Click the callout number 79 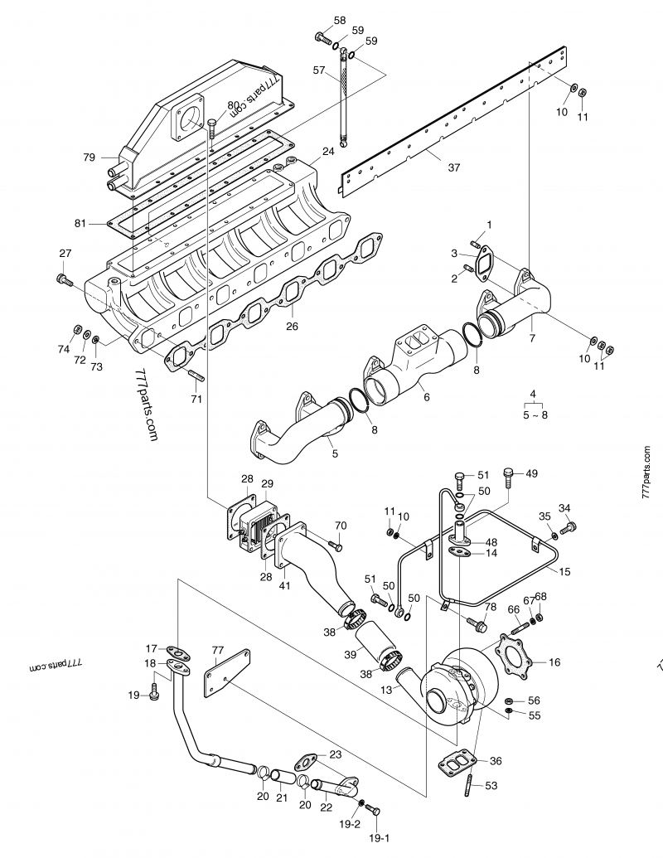click(x=90, y=158)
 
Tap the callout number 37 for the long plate click(x=454, y=167)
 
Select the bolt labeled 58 click(x=323, y=38)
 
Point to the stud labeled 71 click(x=196, y=376)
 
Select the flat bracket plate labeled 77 click(x=227, y=673)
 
